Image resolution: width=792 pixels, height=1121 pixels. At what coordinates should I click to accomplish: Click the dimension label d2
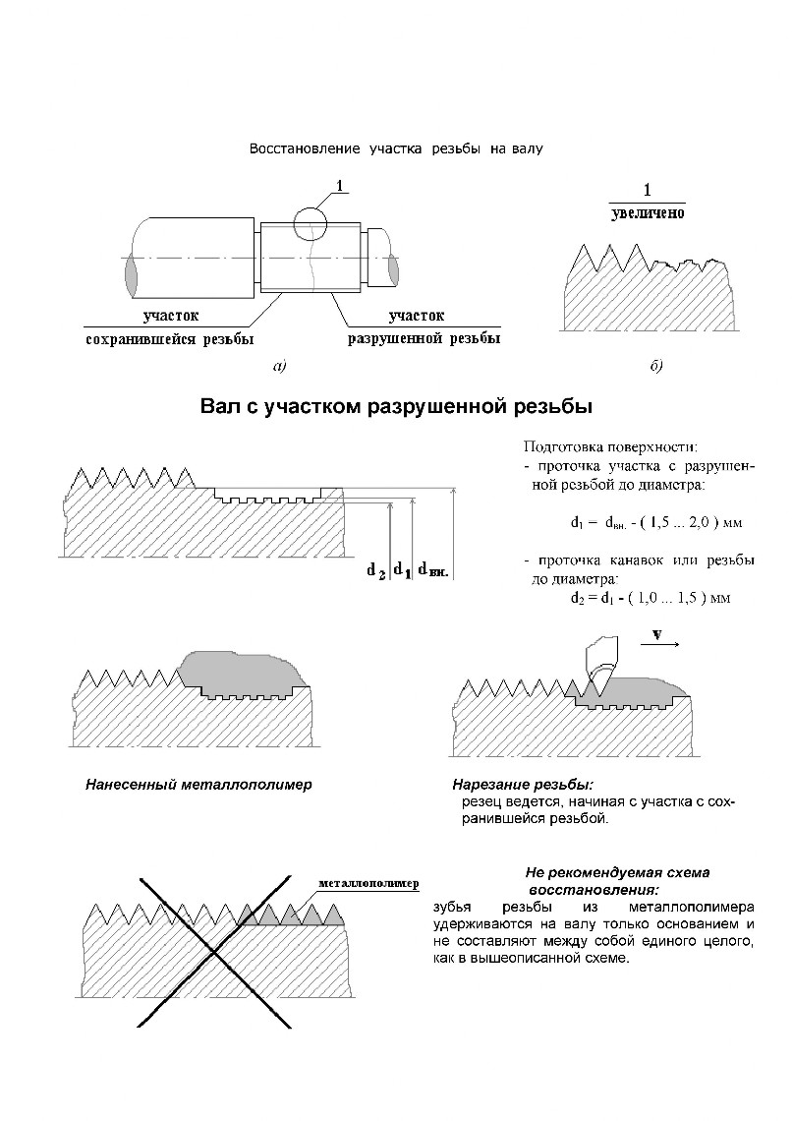[x=376, y=569]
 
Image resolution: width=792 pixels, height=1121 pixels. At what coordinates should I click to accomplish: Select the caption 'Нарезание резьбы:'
[x=523, y=786]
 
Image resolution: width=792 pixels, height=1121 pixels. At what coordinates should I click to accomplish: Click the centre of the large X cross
[x=213, y=950]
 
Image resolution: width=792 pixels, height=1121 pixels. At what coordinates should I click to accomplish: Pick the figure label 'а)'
[x=279, y=367]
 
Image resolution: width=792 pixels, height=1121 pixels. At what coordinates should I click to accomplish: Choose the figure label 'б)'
[x=656, y=367]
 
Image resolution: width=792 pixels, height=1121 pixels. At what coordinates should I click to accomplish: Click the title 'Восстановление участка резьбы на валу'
[x=396, y=149]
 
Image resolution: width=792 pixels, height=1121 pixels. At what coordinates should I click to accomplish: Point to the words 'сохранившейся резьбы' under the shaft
[x=170, y=339]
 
